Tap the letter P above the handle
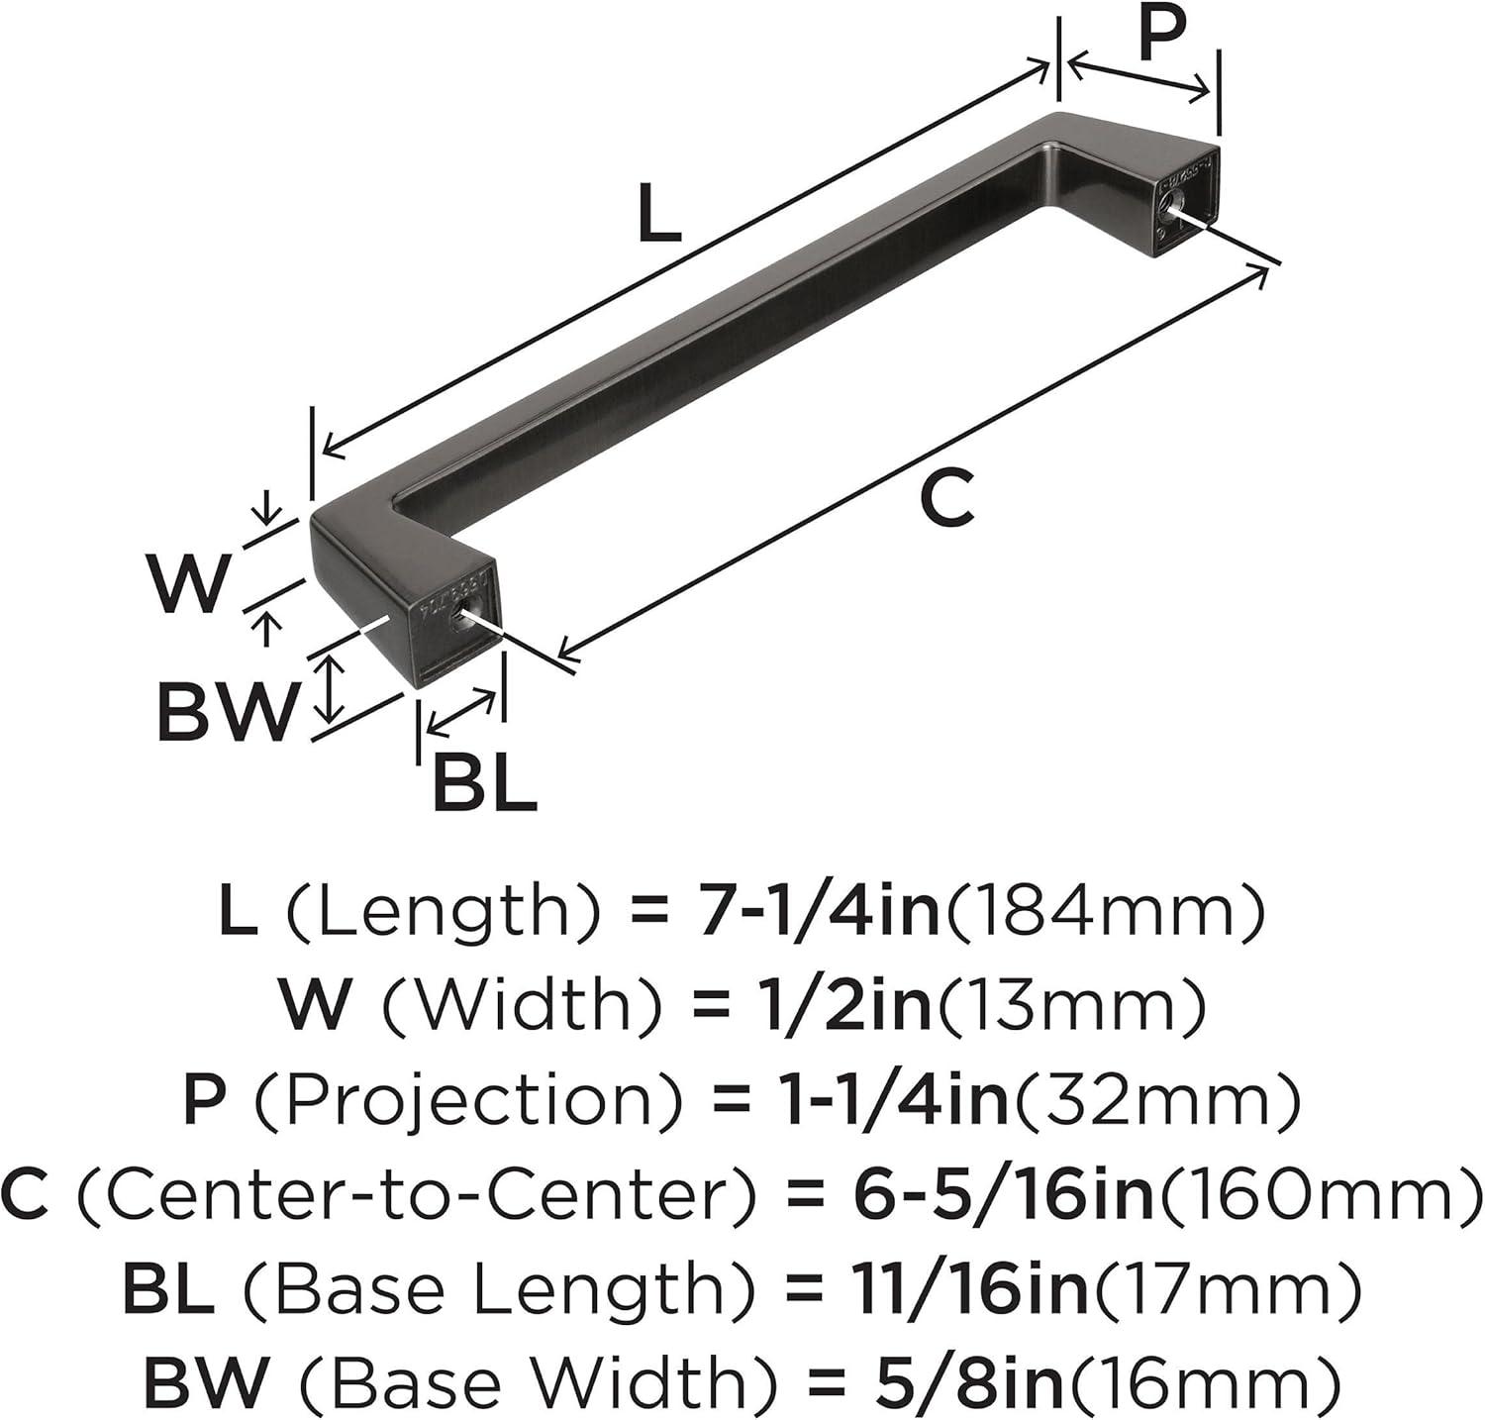[1162, 38]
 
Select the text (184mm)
[1104, 913]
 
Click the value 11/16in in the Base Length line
[958, 1287]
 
